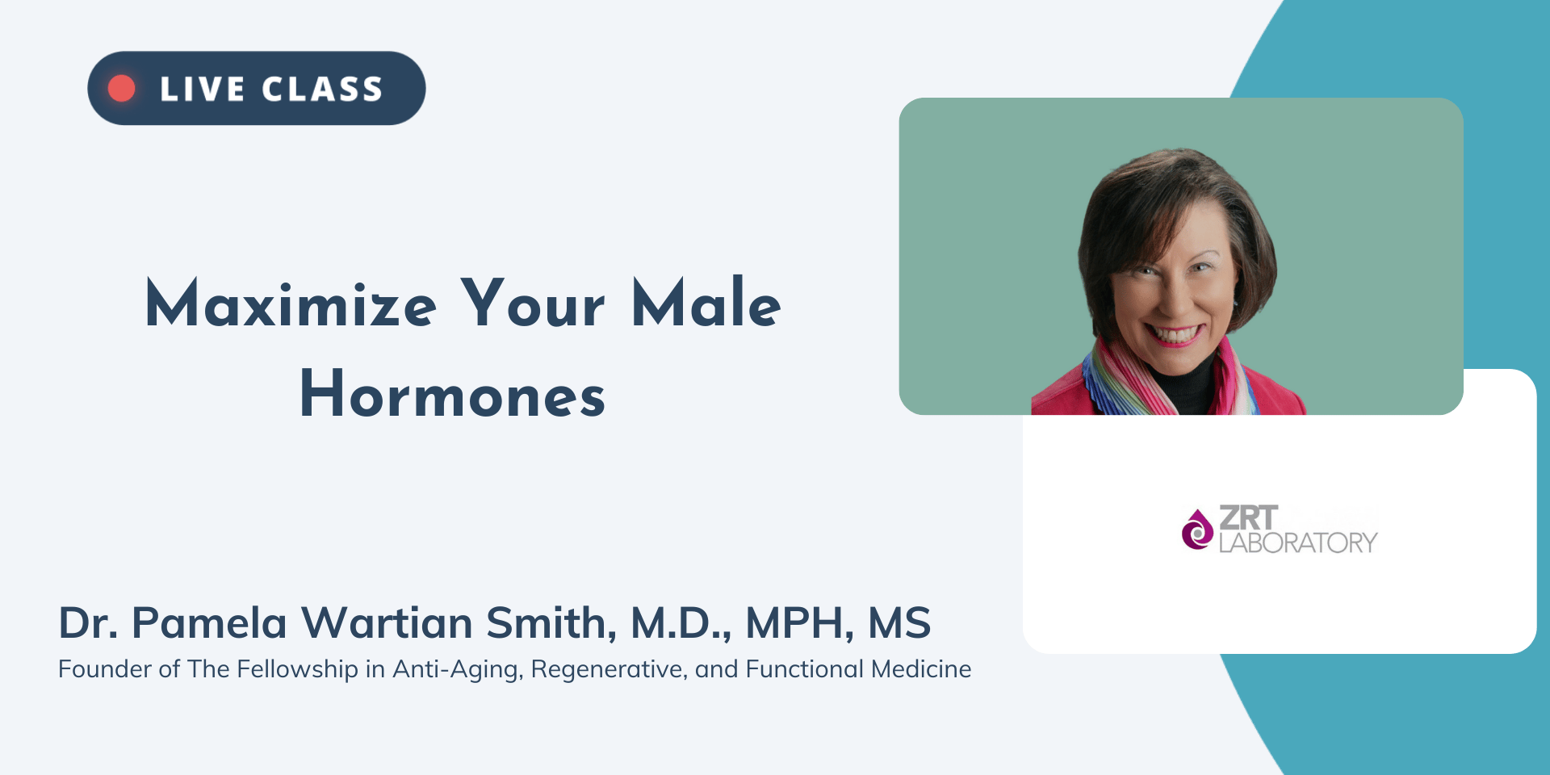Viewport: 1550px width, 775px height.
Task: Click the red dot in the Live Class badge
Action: click(x=122, y=88)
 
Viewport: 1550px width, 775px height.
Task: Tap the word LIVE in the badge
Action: click(x=202, y=89)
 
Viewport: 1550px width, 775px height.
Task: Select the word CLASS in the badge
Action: click(x=322, y=89)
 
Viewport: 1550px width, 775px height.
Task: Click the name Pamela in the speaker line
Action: click(x=209, y=622)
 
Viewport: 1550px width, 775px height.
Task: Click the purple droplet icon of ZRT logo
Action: click(x=1197, y=530)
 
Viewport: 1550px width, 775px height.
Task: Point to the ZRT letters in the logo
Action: click(x=1248, y=517)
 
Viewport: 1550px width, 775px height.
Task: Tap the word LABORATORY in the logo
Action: click(x=1298, y=542)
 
